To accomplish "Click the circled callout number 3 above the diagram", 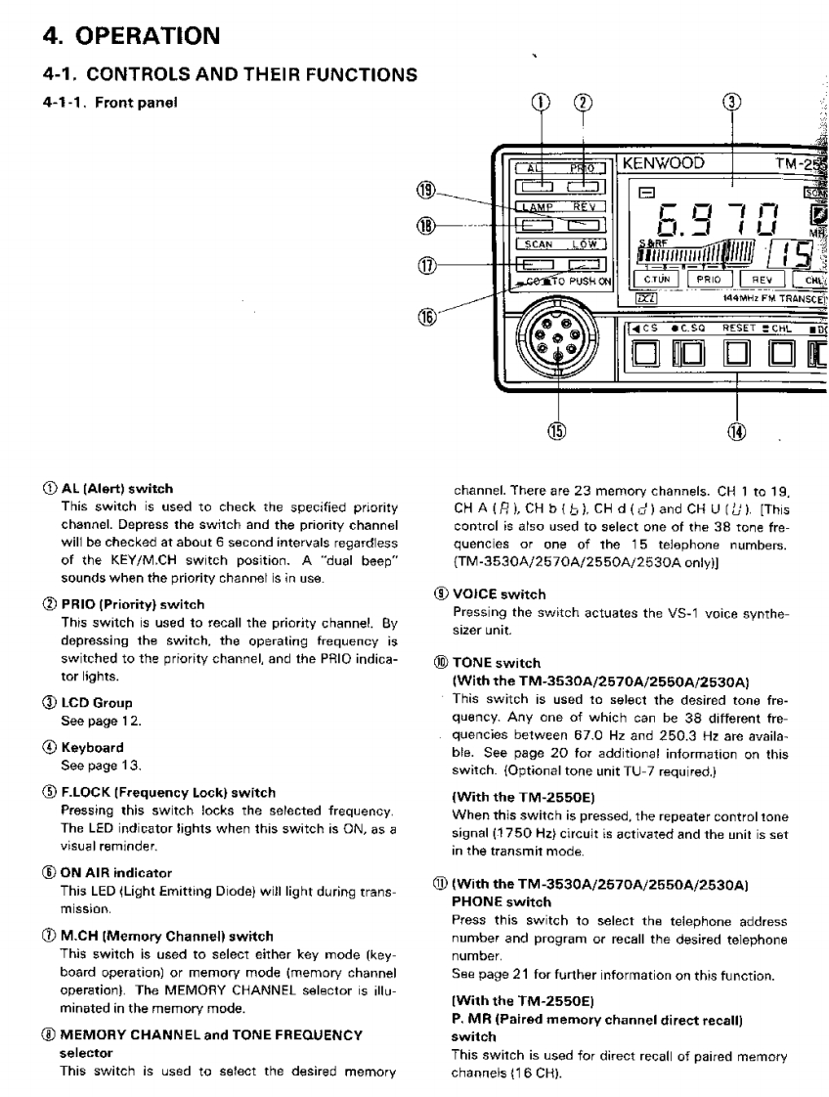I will click(x=734, y=103).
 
